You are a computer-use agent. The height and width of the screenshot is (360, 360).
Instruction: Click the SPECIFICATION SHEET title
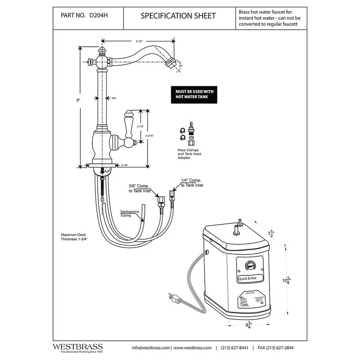[178, 16]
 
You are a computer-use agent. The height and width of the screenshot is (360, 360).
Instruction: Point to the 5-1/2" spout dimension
[139, 41]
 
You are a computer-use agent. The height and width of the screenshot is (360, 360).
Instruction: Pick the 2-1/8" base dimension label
[125, 166]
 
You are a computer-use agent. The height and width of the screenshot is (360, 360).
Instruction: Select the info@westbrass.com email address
[150, 348]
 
